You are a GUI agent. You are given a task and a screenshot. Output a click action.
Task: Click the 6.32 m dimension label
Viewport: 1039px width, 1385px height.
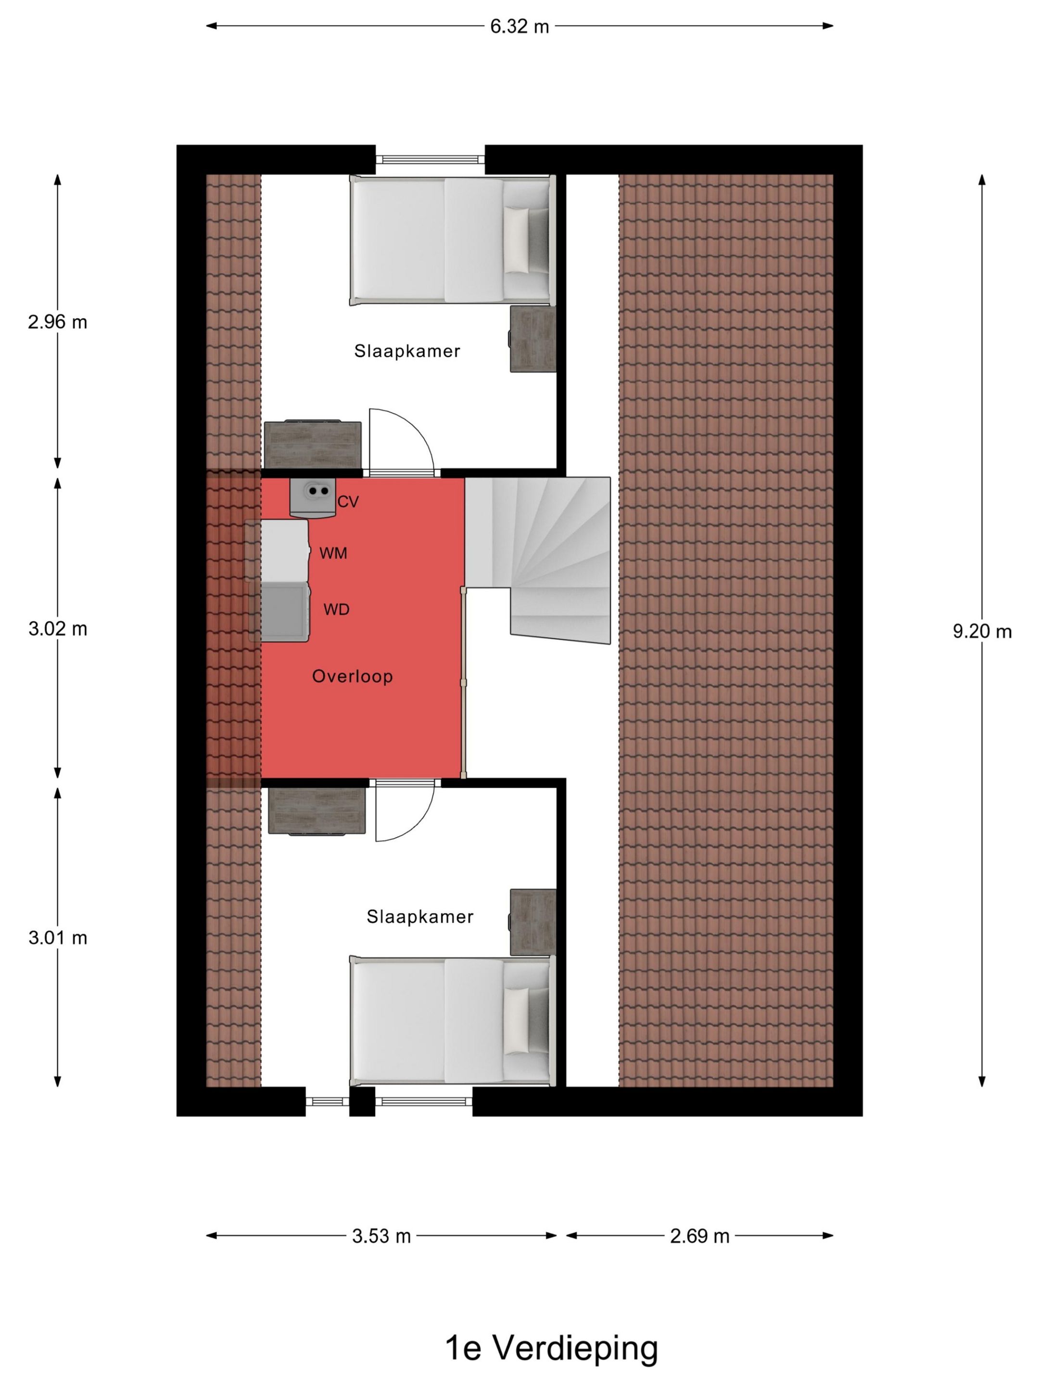[519, 26]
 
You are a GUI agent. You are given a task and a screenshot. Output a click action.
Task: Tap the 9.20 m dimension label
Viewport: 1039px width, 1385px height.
[982, 632]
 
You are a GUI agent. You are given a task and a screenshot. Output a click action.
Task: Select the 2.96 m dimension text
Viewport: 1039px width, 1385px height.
[58, 323]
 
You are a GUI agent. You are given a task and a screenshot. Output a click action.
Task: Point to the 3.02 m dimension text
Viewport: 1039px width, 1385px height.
[58, 629]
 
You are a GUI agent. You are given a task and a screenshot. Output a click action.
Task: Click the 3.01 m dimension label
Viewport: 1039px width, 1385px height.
[58, 938]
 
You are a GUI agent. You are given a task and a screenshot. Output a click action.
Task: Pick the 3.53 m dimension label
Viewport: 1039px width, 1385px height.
[381, 1236]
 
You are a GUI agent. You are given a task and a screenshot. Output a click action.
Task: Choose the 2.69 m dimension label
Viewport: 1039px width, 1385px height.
[699, 1236]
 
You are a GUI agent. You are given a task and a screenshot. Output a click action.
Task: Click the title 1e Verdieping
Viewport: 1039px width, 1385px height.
[551, 1348]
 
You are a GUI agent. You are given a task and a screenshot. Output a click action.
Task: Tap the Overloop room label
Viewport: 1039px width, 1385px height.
[353, 676]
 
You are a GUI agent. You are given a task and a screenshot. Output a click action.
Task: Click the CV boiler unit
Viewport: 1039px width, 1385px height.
[312, 497]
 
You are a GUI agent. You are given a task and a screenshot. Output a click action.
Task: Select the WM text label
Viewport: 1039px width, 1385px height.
[333, 554]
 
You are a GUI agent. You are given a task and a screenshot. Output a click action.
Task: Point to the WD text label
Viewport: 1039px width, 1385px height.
[336, 609]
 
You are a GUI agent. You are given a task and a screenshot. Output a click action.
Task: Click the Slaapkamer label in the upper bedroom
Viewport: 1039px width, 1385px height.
[407, 351]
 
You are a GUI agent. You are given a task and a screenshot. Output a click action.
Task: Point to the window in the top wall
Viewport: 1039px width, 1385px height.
[430, 160]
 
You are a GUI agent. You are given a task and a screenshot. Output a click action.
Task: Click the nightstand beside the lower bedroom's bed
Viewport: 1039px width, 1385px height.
[533, 922]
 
